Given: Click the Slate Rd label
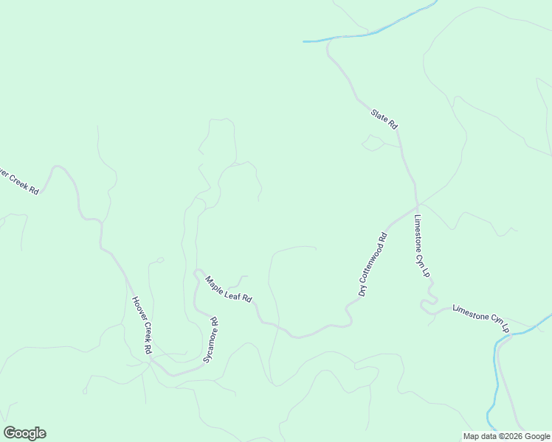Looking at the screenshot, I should click(384, 119).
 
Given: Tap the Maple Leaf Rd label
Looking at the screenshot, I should click(229, 289).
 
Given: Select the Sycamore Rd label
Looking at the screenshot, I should click(211, 340).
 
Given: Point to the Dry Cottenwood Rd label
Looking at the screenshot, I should click(373, 264).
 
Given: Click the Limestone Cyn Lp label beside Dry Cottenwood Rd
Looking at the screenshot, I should click(421, 246).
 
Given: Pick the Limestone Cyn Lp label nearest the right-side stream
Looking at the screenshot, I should click(480, 318).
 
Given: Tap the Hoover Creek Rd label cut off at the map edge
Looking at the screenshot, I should click(18, 180).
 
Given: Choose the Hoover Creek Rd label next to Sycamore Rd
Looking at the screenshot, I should click(142, 325).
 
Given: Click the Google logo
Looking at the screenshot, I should click(24, 433).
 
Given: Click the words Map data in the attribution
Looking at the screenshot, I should click(480, 436).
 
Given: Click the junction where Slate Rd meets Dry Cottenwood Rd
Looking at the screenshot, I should click(417, 206).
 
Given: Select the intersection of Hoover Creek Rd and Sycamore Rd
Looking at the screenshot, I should click(174, 374).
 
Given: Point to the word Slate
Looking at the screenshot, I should click(380, 116).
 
